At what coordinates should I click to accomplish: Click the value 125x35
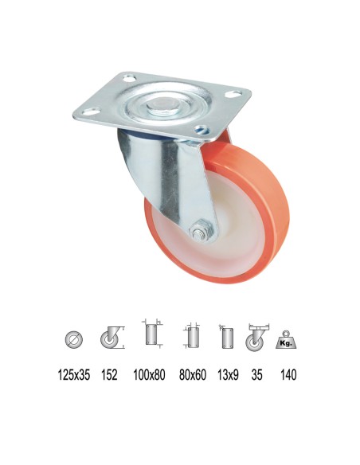(73, 374)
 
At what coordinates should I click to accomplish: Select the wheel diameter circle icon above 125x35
(72, 339)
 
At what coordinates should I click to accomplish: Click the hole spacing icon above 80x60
(190, 336)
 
